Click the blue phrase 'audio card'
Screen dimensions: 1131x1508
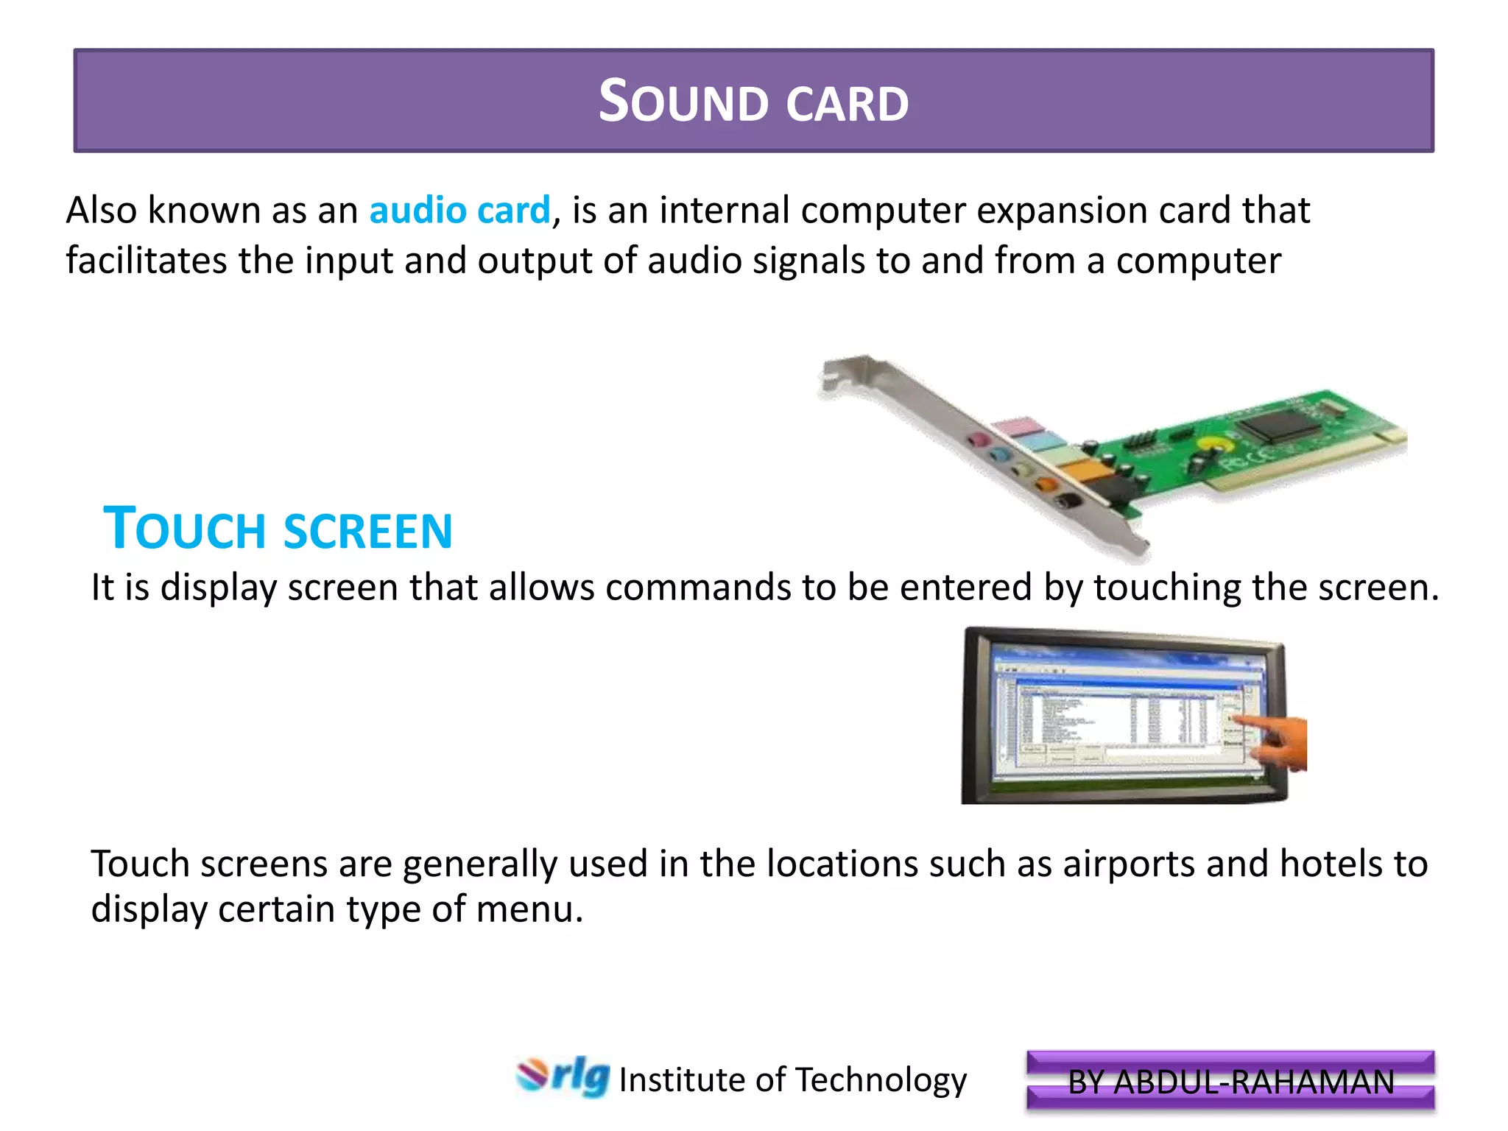click(x=459, y=211)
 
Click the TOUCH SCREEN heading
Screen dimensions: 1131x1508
click(x=278, y=529)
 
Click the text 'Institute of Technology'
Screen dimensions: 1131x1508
click(x=792, y=1080)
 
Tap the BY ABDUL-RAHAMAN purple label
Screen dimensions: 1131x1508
click(x=1230, y=1082)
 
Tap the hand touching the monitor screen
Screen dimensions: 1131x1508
click(x=1278, y=739)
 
